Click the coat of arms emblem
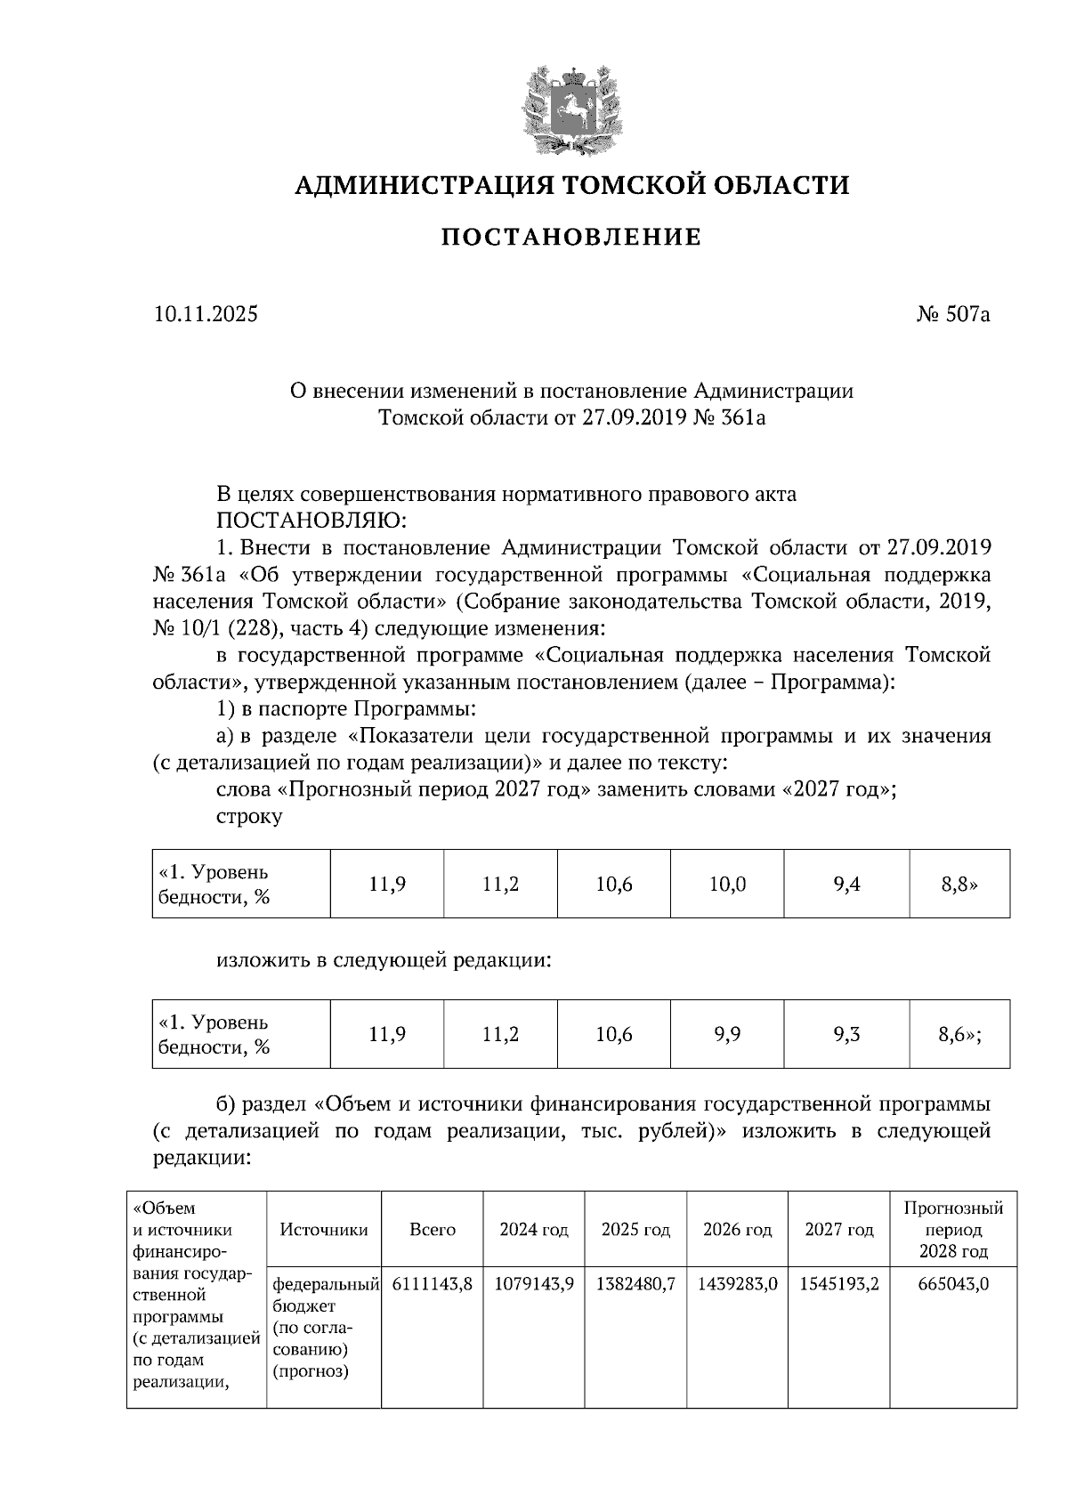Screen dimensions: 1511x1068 tap(571, 107)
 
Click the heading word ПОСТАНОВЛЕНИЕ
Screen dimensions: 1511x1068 tap(571, 237)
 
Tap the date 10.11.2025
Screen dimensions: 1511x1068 tap(206, 314)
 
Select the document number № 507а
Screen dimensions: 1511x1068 tap(952, 314)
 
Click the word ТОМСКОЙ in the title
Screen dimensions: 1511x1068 tap(618, 185)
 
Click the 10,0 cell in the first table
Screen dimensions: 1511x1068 tap(727, 884)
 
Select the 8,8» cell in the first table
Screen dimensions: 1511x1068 tap(959, 884)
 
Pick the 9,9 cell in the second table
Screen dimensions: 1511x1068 tap(727, 1034)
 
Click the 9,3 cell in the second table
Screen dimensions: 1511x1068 tap(846, 1034)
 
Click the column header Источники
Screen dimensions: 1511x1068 tap(324, 1230)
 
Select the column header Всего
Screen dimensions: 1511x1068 tap(433, 1230)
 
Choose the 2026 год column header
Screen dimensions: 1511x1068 tap(737, 1230)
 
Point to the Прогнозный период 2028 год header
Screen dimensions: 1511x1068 tap(953, 1230)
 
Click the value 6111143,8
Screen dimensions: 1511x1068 tap(433, 1284)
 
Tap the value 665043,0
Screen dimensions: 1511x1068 tap(953, 1284)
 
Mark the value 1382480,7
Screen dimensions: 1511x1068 tap(635, 1284)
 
